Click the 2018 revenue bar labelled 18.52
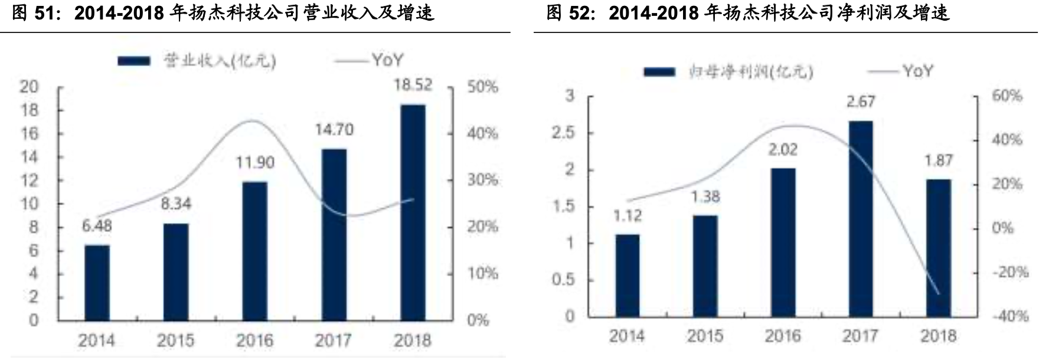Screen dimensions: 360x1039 click(412, 212)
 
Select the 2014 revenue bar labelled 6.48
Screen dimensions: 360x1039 click(97, 282)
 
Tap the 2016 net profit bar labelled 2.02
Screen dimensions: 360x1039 click(783, 242)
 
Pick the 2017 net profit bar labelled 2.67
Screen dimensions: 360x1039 click(860, 218)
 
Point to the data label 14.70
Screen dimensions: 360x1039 click(334, 130)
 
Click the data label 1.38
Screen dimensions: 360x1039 click(705, 197)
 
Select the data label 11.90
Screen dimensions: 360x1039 click(255, 162)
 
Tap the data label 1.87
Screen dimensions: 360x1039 click(938, 161)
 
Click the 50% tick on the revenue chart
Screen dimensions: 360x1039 click(482, 87)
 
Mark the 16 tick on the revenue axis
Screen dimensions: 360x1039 click(29, 134)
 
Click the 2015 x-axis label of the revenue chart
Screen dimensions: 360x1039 click(175, 341)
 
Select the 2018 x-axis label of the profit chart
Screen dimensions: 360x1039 click(938, 336)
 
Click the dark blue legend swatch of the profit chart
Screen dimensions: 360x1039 click(659, 72)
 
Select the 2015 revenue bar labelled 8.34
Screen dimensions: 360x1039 click(176, 271)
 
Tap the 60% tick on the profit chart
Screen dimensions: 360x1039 click(1007, 96)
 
